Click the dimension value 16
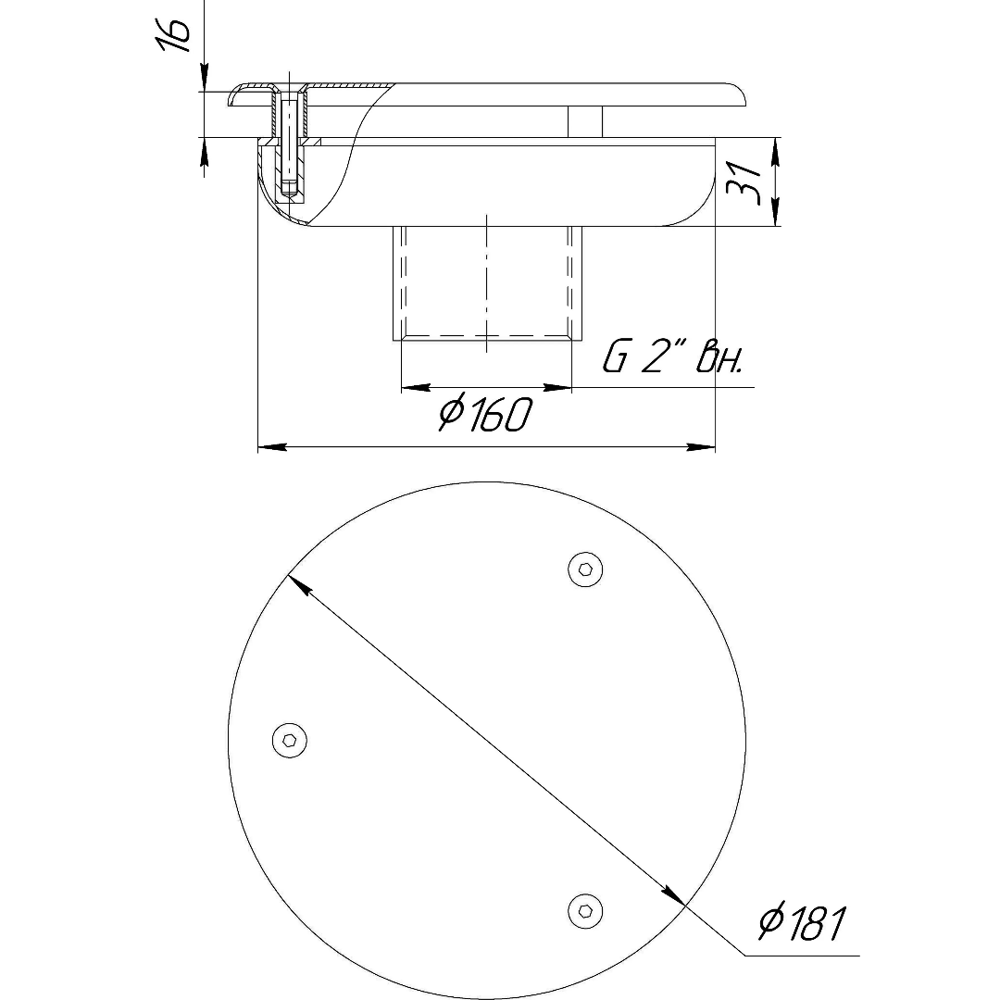click(x=174, y=35)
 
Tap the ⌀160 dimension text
click(x=484, y=414)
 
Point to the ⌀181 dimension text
click(x=802, y=922)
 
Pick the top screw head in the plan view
click(x=585, y=569)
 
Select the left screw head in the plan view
click(x=290, y=741)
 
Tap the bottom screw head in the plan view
click(x=585, y=911)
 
